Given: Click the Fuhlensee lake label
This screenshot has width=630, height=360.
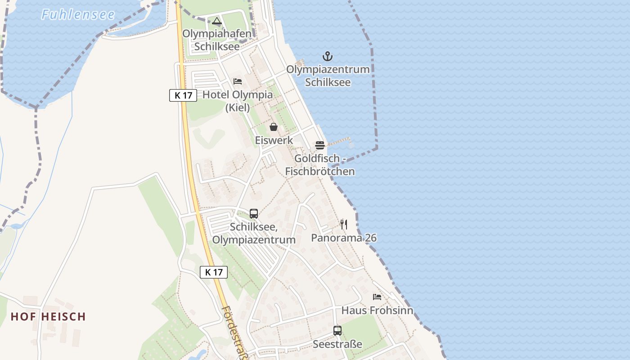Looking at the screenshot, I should [x=78, y=14].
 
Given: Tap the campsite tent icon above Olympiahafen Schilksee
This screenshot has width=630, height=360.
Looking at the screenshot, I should [x=217, y=21].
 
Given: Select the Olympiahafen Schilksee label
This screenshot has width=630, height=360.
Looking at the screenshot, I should [x=217, y=40].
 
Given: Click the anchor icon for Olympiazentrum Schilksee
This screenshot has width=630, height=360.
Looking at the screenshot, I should [x=328, y=56].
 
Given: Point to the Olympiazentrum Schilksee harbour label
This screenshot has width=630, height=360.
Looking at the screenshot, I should [x=328, y=76].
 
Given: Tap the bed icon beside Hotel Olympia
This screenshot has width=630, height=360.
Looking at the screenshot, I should [x=238, y=81].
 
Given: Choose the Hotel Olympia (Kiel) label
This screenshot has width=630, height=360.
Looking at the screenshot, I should [x=238, y=101].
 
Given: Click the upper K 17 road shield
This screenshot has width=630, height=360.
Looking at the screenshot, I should [x=183, y=95].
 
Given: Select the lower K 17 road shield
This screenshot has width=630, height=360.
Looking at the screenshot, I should [x=214, y=272].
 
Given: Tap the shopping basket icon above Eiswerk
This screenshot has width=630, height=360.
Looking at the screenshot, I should [x=274, y=127].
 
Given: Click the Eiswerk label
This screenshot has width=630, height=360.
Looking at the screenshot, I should [x=274, y=140].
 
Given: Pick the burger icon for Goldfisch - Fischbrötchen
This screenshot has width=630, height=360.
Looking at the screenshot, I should [x=320, y=145].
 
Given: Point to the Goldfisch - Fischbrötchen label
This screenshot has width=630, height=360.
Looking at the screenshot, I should [x=320, y=165].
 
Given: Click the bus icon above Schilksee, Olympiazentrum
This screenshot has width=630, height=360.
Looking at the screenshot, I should [x=254, y=213].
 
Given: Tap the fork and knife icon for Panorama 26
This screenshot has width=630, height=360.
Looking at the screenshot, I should [x=344, y=224].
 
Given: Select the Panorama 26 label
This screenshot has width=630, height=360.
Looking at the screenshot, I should [x=344, y=238].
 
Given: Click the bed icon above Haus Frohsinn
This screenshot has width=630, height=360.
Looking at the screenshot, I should [x=377, y=297].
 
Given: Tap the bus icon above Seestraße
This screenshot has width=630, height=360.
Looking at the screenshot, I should [x=337, y=331].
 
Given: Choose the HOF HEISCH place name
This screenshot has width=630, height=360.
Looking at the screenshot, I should [x=48, y=316].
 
